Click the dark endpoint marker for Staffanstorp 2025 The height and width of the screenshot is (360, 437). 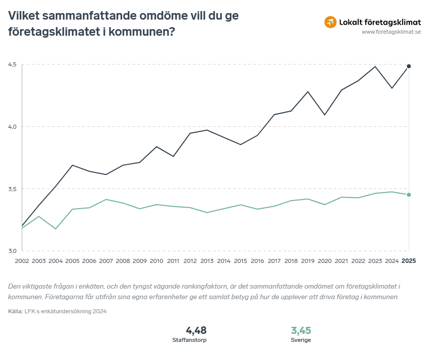409,66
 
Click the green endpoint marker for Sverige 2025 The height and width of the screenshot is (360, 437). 409,195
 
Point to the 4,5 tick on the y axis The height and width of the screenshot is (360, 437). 12,64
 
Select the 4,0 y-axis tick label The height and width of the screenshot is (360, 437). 12,127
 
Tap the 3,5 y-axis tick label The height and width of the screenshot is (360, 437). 12,189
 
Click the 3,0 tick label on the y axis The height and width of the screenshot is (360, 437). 12,251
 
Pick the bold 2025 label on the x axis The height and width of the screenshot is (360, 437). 408,261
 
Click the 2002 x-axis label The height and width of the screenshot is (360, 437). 22,261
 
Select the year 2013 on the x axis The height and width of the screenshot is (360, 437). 207,261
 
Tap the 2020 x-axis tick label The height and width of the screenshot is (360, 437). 325,261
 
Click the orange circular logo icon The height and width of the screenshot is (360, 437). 330,22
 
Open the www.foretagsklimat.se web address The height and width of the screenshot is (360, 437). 391,32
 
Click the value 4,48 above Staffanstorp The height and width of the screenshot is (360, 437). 196,330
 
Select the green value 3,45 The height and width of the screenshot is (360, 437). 301,330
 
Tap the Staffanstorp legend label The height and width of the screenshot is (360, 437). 189,340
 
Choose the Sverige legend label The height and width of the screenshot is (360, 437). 301,340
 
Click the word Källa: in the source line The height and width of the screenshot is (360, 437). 16,311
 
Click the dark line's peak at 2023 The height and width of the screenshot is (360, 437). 375,66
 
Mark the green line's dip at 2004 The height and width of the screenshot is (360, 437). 56,229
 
